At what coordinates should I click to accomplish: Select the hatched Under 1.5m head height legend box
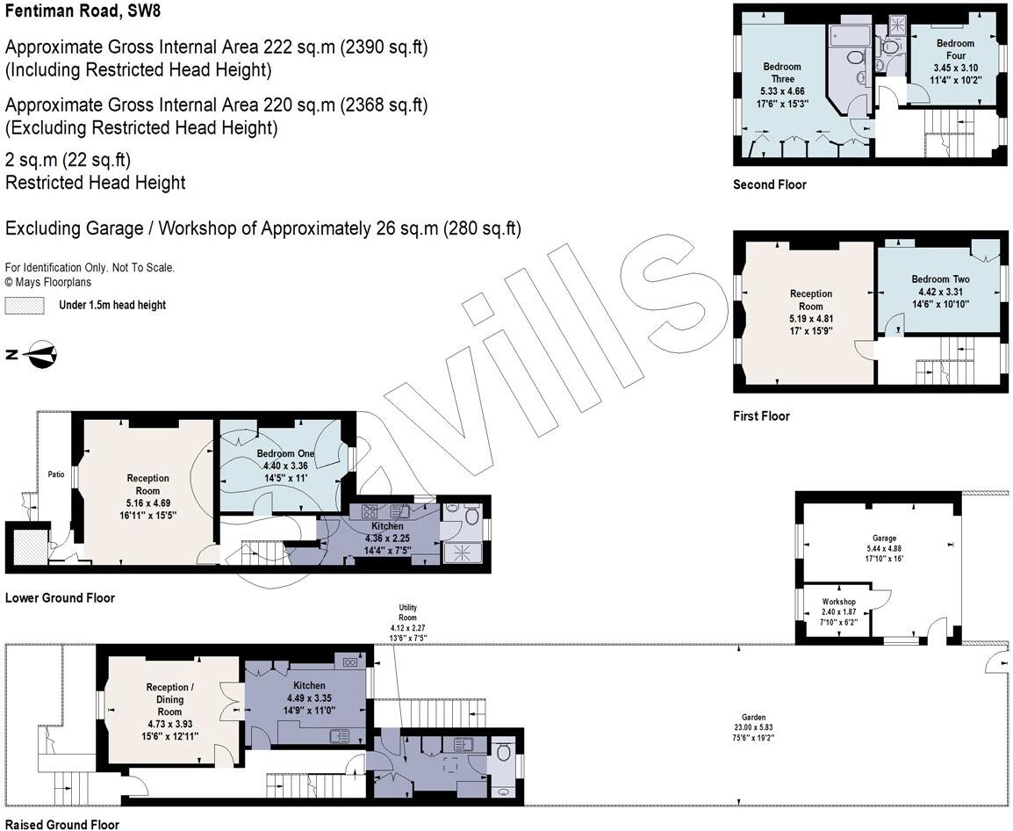tap(25, 305)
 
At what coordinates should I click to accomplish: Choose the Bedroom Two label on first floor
tap(940, 279)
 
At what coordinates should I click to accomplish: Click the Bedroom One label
tap(285, 453)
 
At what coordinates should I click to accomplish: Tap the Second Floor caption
tap(770, 184)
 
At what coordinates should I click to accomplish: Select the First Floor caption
tap(761, 415)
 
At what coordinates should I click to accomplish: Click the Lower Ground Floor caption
tap(60, 598)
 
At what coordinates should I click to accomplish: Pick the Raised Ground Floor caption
tap(61, 824)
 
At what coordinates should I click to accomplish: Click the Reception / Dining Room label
tap(169, 699)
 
